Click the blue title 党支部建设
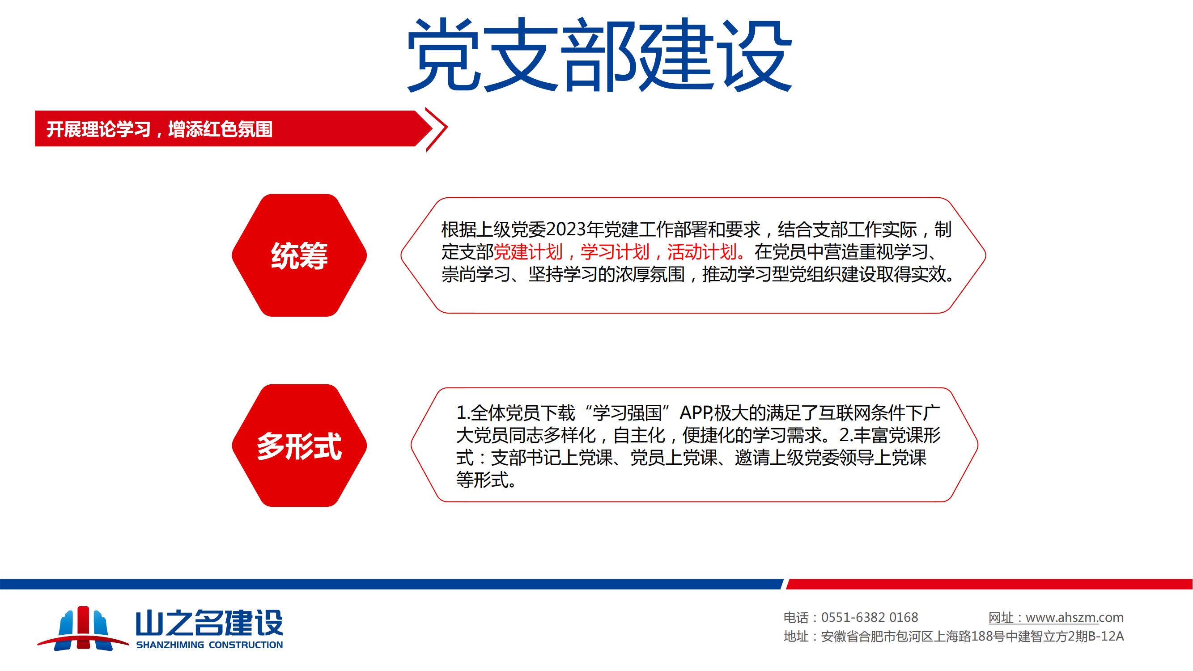[599, 55]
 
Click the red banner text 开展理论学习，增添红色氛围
[159, 129]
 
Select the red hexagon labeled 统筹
[299, 255]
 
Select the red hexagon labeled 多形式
[299, 446]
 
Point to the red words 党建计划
[528, 252]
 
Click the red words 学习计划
[615, 252]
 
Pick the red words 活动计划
[702, 252]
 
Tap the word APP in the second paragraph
[696, 412]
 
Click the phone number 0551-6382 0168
[869, 617]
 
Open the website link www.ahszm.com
[1074, 617]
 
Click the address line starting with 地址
[954, 637]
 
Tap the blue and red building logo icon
[83, 628]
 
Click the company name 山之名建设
[209, 623]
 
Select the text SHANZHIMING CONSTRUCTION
[209, 645]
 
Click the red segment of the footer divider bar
[989, 584]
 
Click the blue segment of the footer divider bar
[391, 584]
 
